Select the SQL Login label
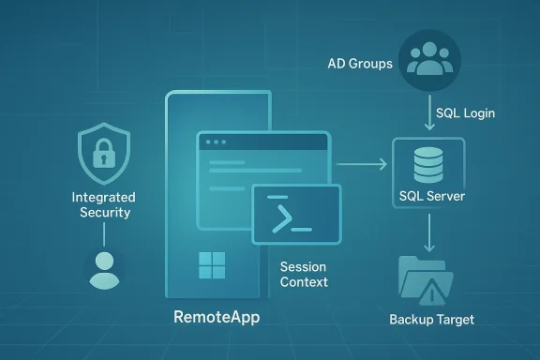tap(465, 112)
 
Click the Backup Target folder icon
tap(425, 278)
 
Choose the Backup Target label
tap(431, 320)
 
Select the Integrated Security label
tap(103, 205)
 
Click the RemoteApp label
tap(217, 317)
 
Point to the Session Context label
tap(305, 274)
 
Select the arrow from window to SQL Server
tap(361, 165)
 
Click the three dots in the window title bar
tap(217, 142)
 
